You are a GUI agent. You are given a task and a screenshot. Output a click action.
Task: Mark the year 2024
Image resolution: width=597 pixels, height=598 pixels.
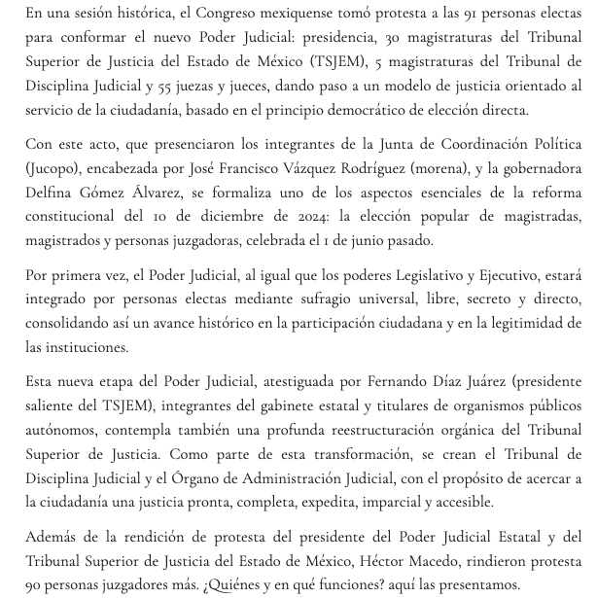(x=288, y=217)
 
